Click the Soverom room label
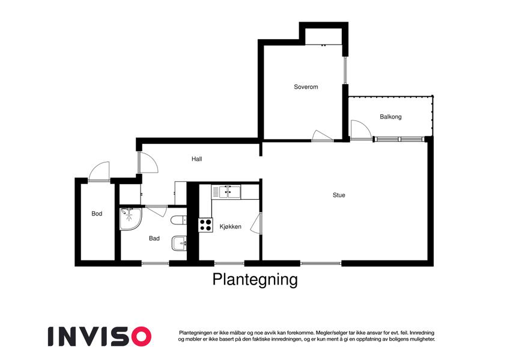306,87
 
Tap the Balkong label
390,117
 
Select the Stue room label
339,195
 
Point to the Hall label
197,159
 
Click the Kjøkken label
230,226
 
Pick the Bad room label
154,238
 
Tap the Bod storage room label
97,214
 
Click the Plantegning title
255,280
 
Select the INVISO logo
100,336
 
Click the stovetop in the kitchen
205,225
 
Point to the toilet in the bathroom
178,220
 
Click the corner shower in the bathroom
130,219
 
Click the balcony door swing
360,130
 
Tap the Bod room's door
99,171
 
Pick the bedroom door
322,135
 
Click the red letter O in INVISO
140,336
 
